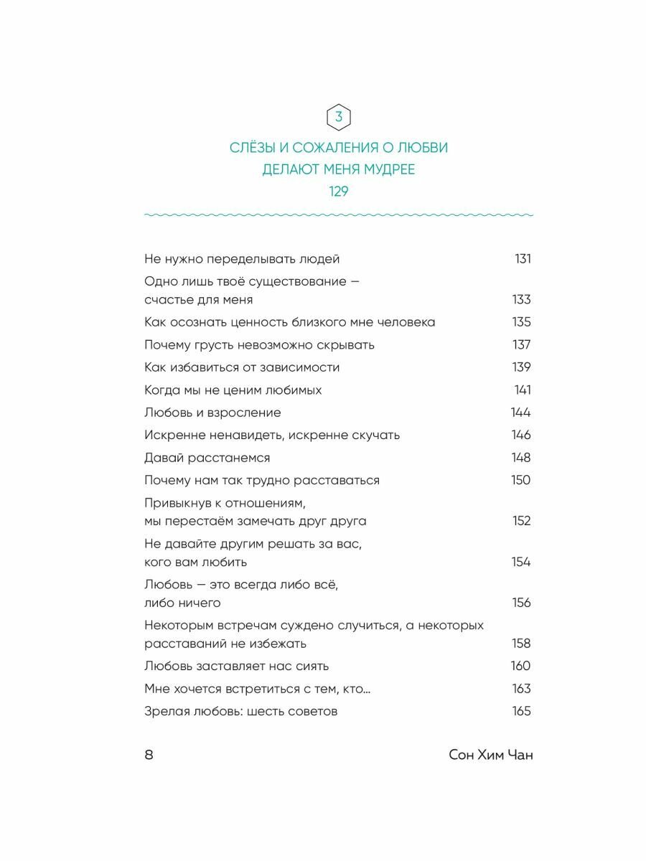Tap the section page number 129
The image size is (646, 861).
pyautogui.click(x=339, y=192)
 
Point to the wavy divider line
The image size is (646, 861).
pyautogui.click(x=339, y=215)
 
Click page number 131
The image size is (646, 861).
pyautogui.click(x=523, y=259)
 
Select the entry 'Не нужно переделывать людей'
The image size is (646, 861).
pyautogui.click(x=242, y=259)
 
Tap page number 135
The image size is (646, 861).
pyautogui.click(x=521, y=322)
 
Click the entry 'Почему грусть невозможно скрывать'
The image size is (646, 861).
pyautogui.click(x=259, y=345)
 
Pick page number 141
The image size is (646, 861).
pyautogui.click(x=523, y=390)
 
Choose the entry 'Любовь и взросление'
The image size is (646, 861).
pyautogui.click(x=212, y=413)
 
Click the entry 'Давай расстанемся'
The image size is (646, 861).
pyautogui.click(x=207, y=458)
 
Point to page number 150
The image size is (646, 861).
pyautogui.click(x=520, y=480)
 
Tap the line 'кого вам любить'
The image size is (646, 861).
pyautogui.click(x=195, y=562)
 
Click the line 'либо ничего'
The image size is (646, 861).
pyautogui.click(x=182, y=603)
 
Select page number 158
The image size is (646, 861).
pyautogui.click(x=521, y=644)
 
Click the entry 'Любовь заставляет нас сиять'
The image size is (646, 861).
pyautogui.click(x=236, y=666)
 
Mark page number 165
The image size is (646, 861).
pyautogui.click(x=521, y=711)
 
